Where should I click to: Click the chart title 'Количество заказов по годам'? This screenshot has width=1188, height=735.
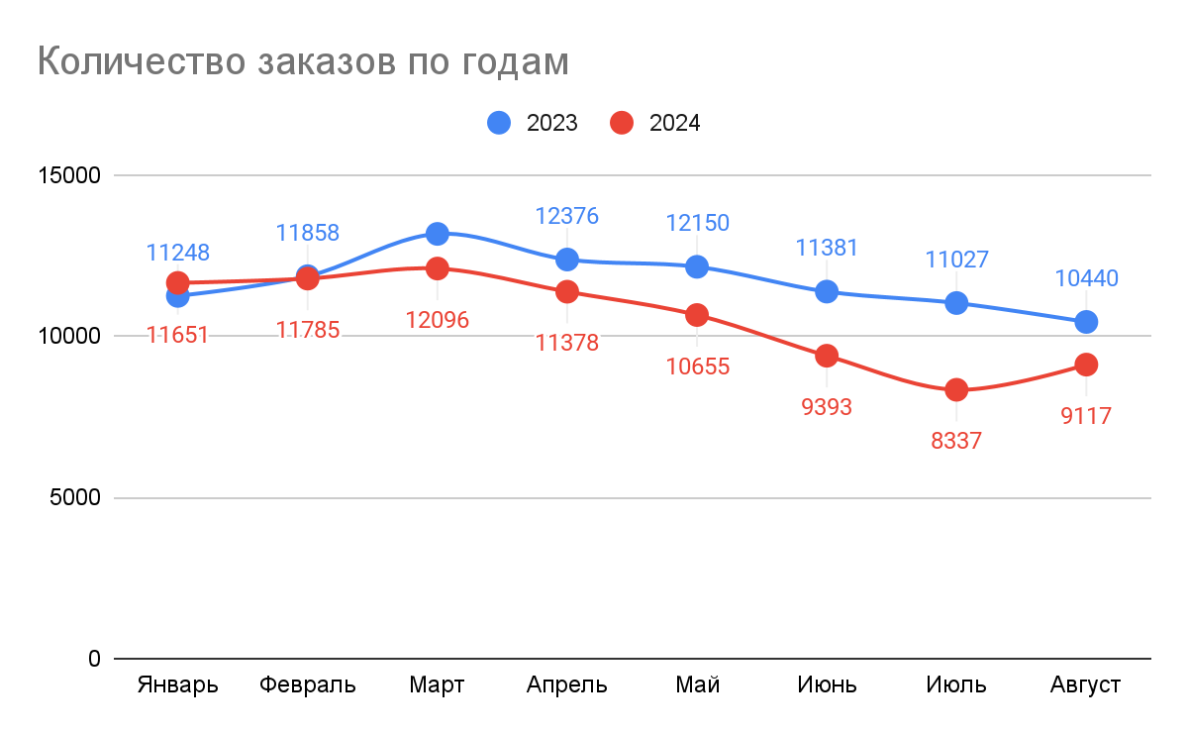[303, 61]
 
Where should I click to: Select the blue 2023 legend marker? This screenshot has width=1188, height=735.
[500, 123]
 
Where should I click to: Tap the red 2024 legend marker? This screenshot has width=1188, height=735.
[623, 123]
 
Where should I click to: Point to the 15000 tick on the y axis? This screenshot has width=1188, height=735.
[68, 175]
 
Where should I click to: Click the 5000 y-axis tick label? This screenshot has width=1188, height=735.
[74, 498]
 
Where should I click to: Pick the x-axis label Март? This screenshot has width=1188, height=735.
[437, 685]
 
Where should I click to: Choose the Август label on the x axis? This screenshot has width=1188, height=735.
[1085, 685]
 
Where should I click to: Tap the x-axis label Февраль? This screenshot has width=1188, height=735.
[307, 685]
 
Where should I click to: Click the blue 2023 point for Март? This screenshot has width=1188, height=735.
[437, 234]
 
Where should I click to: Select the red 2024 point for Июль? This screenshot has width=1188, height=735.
[956, 390]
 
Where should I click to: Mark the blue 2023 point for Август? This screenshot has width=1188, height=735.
[1086, 322]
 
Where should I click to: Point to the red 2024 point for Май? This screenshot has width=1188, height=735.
[697, 315]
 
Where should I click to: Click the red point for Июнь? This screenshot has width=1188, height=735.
[827, 356]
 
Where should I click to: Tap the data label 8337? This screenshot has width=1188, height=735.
[956, 442]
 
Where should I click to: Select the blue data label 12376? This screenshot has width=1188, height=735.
[567, 216]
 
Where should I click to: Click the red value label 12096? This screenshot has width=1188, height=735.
[437, 320]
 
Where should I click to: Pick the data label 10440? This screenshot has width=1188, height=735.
[1086, 278]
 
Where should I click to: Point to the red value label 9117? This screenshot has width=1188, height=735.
[1086, 417]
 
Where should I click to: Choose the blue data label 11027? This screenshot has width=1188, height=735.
[956, 260]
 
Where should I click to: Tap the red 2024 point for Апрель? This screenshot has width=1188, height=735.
[567, 291]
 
